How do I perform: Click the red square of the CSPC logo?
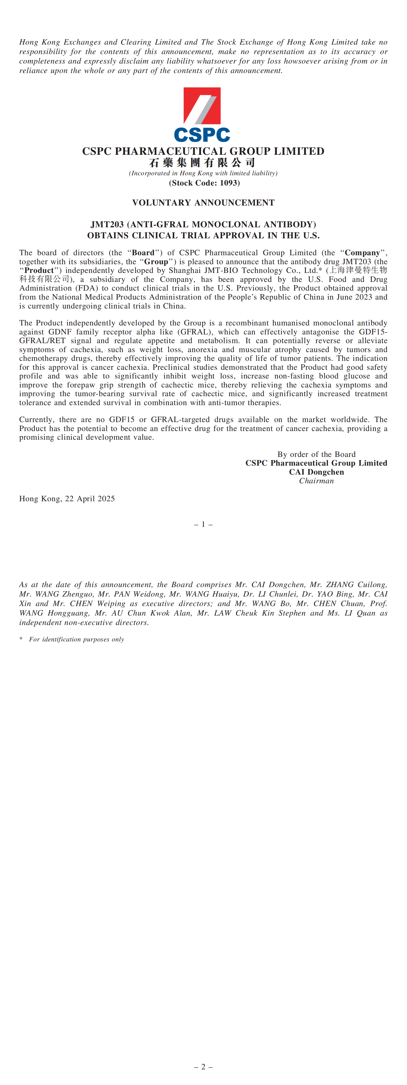click(202, 105)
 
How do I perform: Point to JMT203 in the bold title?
click(107, 224)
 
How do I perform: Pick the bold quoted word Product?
click(39, 270)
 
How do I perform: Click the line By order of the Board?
click(316, 454)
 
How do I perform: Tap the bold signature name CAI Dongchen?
click(316, 472)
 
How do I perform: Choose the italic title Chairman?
click(316, 480)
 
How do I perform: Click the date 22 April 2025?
click(90, 499)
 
